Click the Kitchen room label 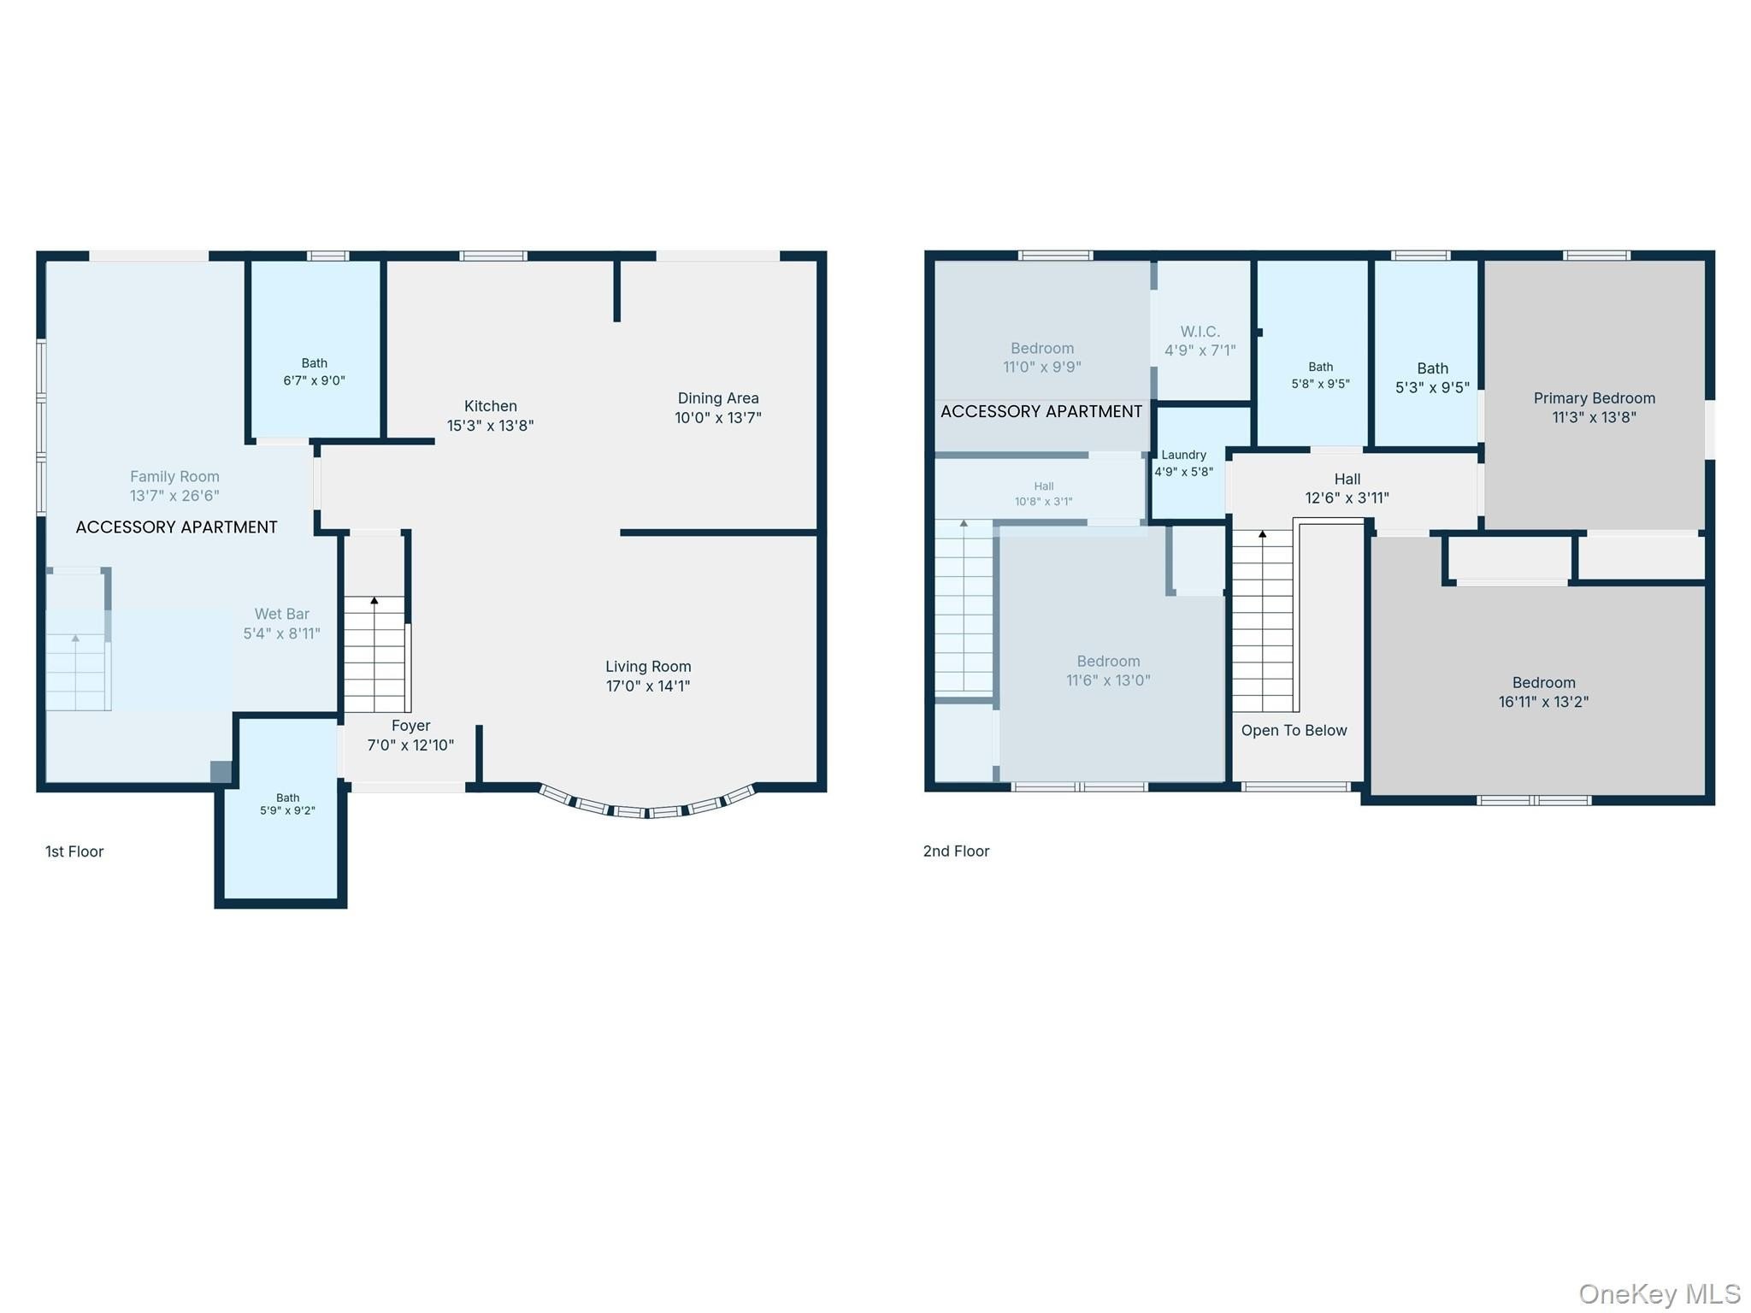491,406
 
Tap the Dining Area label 718,398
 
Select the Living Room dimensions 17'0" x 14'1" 648,686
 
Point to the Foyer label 410,726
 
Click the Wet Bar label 282,614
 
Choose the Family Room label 174,476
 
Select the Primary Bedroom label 1595,398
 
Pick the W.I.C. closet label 1200,332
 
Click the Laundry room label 1184,455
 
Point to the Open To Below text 1294,730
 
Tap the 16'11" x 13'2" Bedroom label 1544,692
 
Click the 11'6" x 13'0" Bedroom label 1109,671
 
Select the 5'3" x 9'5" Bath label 1433,378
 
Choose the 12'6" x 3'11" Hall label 1347,488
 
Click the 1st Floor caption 74,851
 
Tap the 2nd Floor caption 956,851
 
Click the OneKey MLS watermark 1660,1293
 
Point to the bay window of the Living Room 647,811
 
